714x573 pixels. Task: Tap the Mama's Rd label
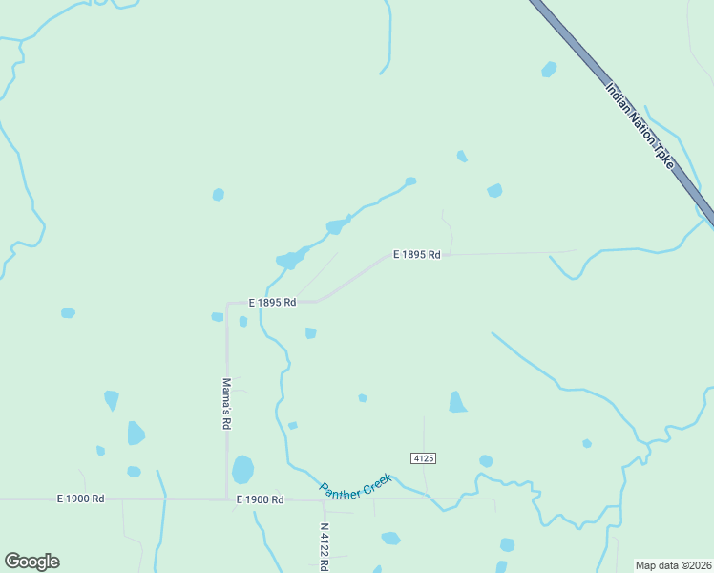(x=227, y=402)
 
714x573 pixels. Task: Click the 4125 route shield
(x=424, y=458)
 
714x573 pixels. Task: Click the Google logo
(x=31, y=562)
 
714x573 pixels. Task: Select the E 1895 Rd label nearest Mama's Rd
(x=272, y=302)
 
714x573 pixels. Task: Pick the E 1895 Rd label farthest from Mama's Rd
(x=416, y=255)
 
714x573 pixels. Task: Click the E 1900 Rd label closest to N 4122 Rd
(x=261, y=499)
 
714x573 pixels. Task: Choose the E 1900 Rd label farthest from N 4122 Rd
(x=80, y=499)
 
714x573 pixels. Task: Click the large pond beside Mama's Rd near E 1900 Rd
(x=243, y=469)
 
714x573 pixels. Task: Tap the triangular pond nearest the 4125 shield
(x=457, y=402)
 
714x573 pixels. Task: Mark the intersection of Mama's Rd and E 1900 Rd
(x=227, y=498)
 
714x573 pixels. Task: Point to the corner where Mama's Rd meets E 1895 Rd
(x=228, y=304)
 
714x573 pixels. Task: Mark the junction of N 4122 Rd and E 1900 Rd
(x=325, y=499)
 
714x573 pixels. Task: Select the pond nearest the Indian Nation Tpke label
(x=549, y=69)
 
